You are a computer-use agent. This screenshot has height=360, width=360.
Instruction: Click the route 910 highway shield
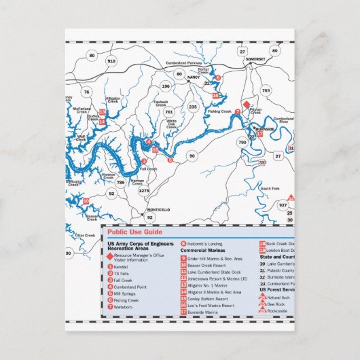click(111, 60)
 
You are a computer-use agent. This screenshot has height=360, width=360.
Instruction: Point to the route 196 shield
click(165, 86)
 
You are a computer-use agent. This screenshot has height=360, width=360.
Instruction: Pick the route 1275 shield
click(143, 192)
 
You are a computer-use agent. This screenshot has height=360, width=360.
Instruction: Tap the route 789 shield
click(120, 183)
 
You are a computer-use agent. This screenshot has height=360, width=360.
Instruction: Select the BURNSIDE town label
click(264, 128)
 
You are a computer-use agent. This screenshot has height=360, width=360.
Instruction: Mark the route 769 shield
click(266, 90)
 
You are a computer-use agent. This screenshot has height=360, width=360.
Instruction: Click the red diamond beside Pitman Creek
click(246, 105)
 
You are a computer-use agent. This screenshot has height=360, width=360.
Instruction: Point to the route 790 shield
click(242, 142)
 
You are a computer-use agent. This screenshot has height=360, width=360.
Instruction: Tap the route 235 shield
click(193, 107)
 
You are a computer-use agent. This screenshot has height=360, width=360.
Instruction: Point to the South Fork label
click(270, 188)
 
